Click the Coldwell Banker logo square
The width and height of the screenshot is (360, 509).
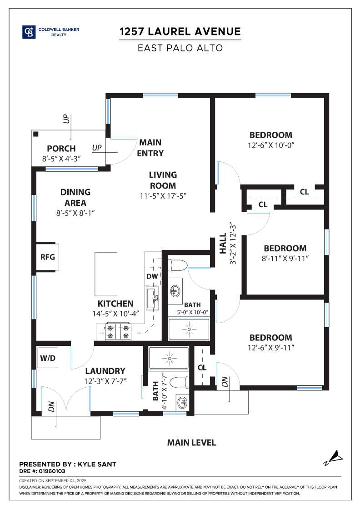coord(29,32)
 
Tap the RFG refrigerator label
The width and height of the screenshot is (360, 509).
coord(48,257)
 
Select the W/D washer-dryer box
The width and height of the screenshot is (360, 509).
coord(48,358)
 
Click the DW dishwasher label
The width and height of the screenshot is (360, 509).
coord(152,276)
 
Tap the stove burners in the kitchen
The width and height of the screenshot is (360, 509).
coord(118,332)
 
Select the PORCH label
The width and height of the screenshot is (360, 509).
coord(61,149)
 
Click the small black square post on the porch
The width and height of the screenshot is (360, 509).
coord(36,134)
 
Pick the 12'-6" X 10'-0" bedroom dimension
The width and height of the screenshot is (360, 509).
coord(271,145)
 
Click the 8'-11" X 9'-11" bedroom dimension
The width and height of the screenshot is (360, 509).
coord(285,259)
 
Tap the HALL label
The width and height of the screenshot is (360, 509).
coord(223,244)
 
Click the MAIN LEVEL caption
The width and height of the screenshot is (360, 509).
coord(191,443)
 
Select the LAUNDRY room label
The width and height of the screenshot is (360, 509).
coord(105,371)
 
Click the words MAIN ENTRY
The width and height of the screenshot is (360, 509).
coord(150,148)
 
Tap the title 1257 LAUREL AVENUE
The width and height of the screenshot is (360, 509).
coord(180,31)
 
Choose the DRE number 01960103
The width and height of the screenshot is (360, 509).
coord(52,471)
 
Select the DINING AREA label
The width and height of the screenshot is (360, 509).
coord(75,198)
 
